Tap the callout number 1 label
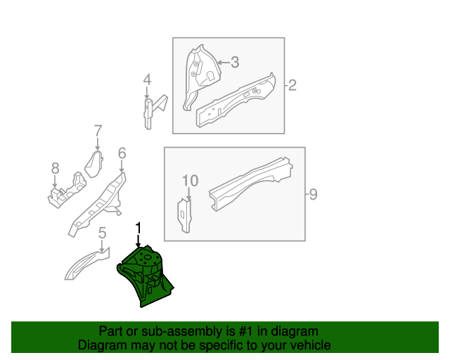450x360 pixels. click(x=139, y=228)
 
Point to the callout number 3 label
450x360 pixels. click(x=235, y=62)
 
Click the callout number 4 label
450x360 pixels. click(x=147, y=81)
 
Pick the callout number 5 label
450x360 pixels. click(x=102, y=233)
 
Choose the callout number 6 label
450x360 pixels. click(x=122, y=153)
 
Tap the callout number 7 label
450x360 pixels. click(x=98, y=130)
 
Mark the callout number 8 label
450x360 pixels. click(x=55, y=168)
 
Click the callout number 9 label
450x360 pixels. click(x=313, y=193)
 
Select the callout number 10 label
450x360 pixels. click(x=191, y=181)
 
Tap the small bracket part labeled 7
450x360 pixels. click(x=94, y=163)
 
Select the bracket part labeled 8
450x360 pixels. click(x=67, y=192)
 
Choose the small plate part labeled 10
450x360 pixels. click(x=184, y=214)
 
